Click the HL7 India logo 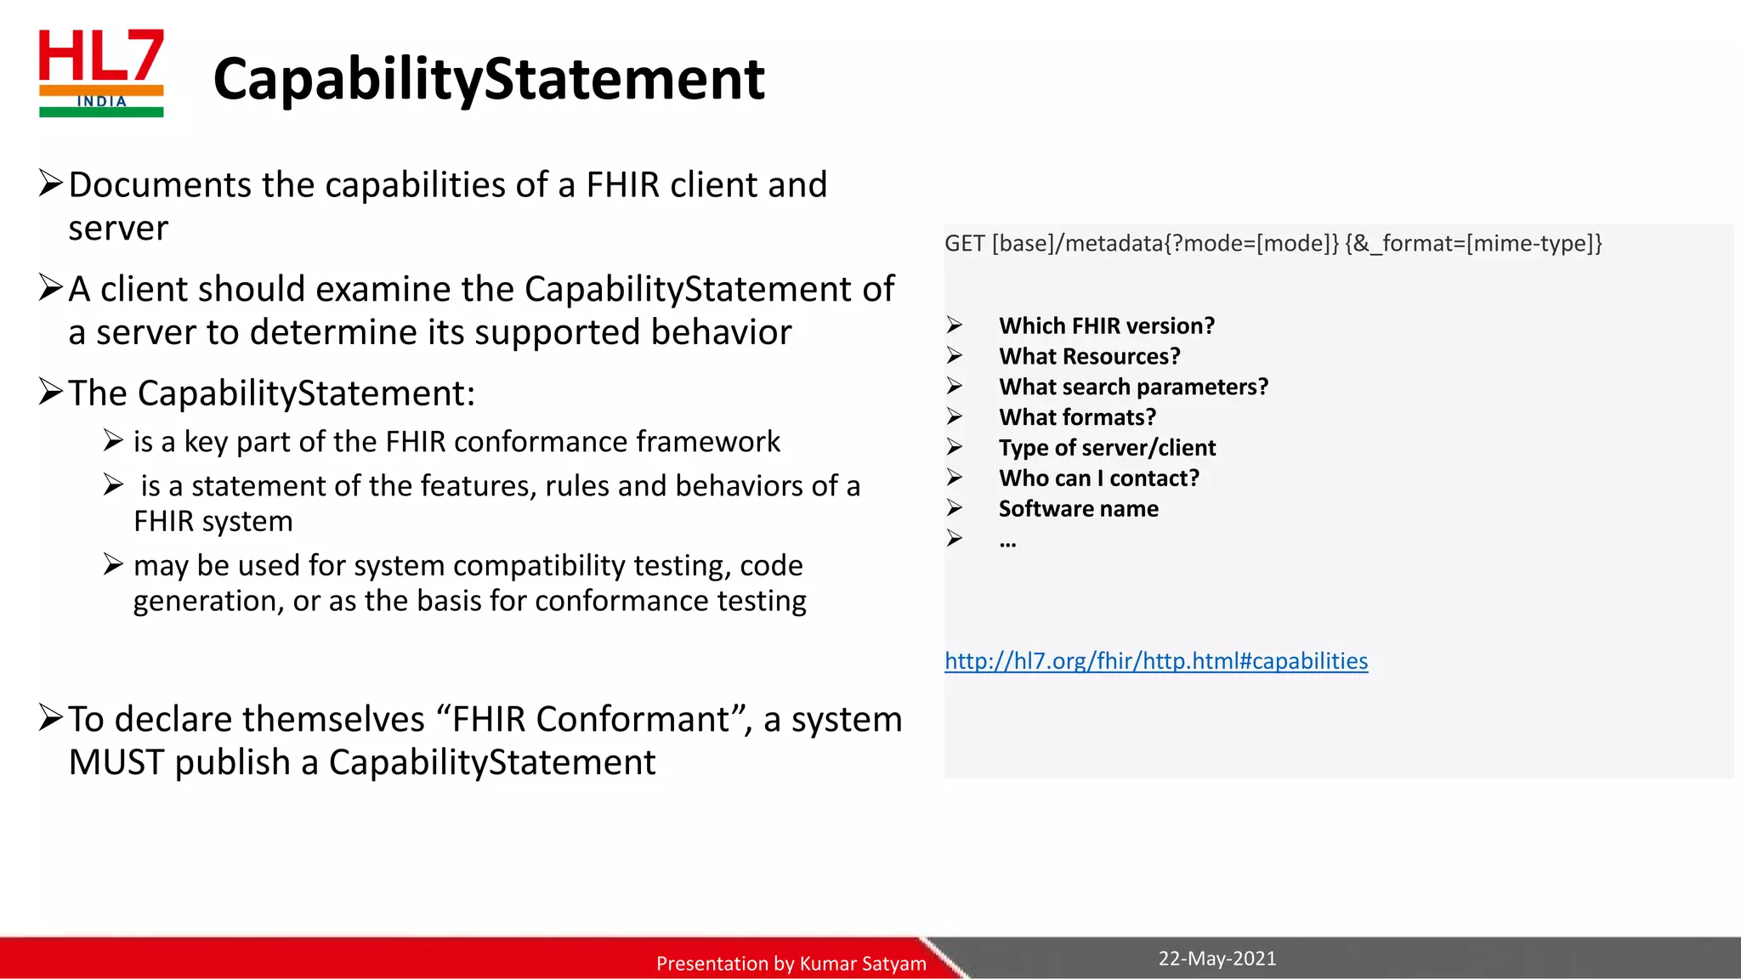pyautogui.click(x=101, y=73)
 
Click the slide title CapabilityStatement pyautogui.click(x=489, y=78)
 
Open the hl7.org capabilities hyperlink pyautogui.click(x=1155, y=661)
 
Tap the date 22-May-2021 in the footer pyautogui.click(x=1216, y=959)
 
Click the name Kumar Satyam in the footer pyautogui.click(x=862, y=964)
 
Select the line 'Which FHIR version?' pyautogui.click(x=1106, y=326)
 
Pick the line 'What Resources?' pyautogui.click(x=1089, y=357)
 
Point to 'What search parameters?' pyautogui.click(x=1132, y=388)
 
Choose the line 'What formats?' pyautogui.click(x=1077, y=418)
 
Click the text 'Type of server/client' pyautogui.click(x=1107, y=448)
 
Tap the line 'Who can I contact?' pyautogui.click(x=1098, y=478)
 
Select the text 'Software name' pyautogui.click(x=1078, y=509)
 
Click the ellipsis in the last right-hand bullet pyautogui.click(x=1007, y=542)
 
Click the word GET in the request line pyautogui.click(x=964, y=244)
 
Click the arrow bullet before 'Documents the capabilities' pyautogui.click(x=51, y=183)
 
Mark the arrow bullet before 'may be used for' pyautogui.click(x=113, y=563)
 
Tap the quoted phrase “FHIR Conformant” pyautogui.click(x=590, y=720)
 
